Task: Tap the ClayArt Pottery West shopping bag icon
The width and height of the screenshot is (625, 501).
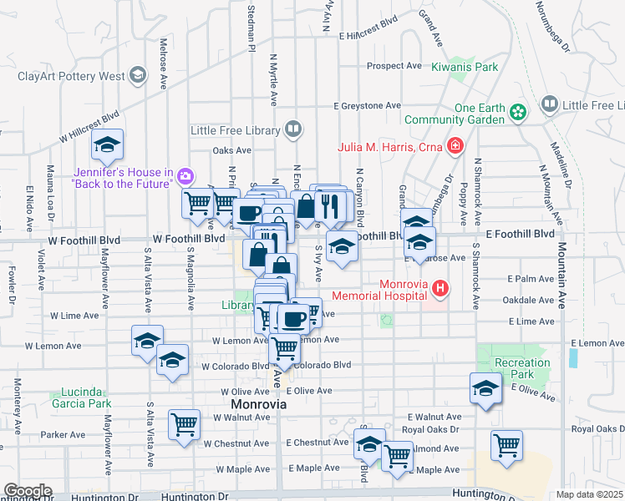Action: click(138, 77)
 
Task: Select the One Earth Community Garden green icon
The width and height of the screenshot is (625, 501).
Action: click(518, 111)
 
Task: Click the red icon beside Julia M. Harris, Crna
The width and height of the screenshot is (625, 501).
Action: click(455, 148)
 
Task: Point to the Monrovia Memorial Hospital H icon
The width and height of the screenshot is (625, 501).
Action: click(440, 289)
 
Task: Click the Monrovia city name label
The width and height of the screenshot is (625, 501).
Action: click(258, 404)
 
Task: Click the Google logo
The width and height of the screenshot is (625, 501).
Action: click(28, 491)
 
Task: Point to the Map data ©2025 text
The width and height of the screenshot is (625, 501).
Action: click(590, 494)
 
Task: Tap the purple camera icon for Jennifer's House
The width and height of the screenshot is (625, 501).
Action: click(185, 176)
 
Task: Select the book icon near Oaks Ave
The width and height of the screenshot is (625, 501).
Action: click(292, 129)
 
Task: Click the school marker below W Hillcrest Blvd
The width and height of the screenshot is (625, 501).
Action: click(108, 147)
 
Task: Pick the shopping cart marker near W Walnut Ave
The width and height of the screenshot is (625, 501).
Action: click(184, 423)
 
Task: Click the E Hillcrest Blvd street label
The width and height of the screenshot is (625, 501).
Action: click(368, 36)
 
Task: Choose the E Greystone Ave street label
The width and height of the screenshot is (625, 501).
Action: click(367, 106)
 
